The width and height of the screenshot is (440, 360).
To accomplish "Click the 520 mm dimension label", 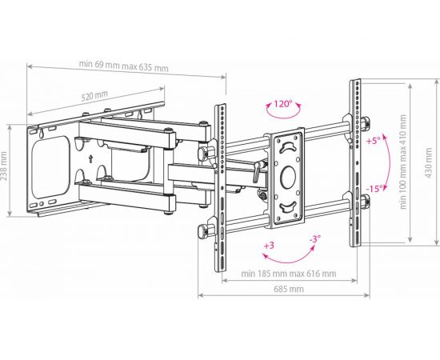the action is (94, 96).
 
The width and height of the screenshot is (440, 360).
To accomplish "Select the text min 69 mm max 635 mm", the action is (124, 66).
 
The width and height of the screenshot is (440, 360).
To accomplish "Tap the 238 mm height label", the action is (4, 170).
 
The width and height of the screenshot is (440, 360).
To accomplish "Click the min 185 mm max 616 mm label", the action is (289, 274).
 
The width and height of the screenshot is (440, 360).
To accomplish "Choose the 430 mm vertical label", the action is (429, 162).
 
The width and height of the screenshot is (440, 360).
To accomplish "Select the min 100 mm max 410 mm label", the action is (403, 162).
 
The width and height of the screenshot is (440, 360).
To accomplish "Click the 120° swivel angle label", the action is (283, 104).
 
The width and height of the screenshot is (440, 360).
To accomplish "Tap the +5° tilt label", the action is (374, 140).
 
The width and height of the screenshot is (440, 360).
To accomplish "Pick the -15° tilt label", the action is (375, 189).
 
